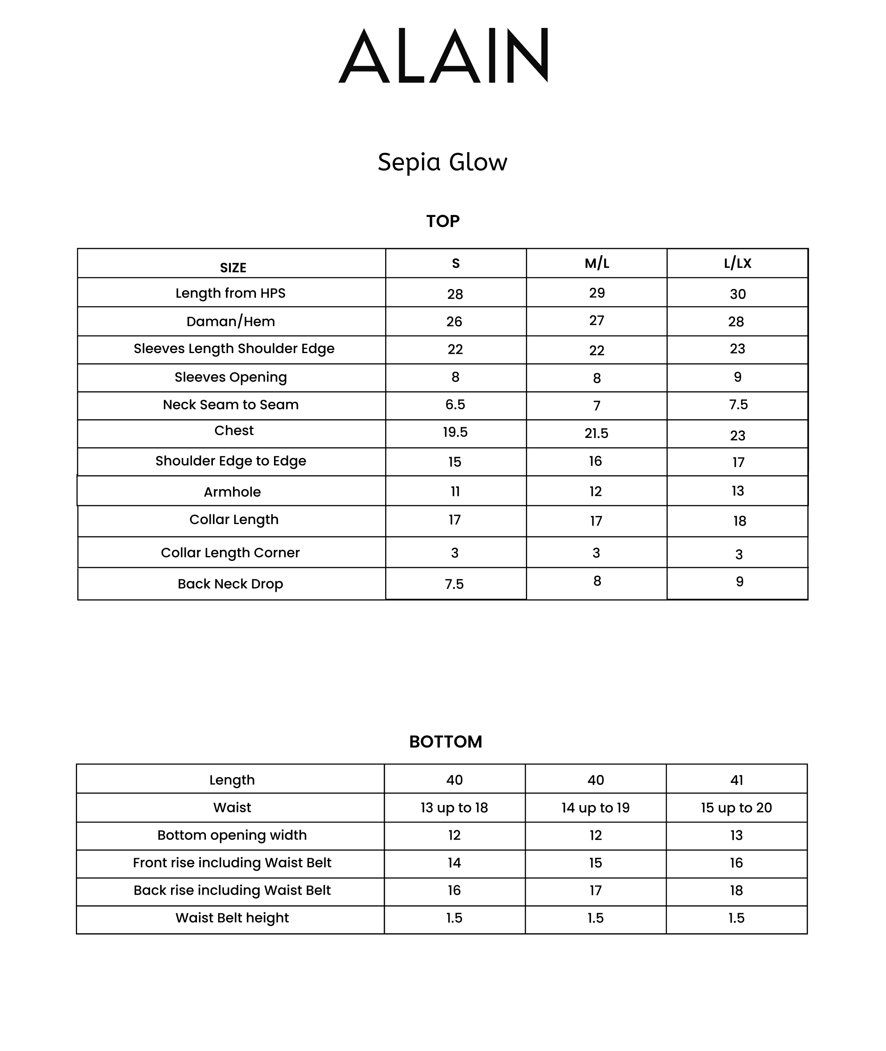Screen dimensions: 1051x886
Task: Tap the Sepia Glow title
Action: (x=443, y=162)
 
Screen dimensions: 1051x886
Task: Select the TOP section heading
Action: (x=443, y=221)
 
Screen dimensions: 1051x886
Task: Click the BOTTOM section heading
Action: (x=445, y=742)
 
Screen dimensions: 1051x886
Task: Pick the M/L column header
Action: (x=597, y=264)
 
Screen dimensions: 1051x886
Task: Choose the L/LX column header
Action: (x=738, y=264)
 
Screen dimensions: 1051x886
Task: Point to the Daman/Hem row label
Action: (x=231, y=321)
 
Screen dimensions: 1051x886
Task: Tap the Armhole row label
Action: (x=232, y=492)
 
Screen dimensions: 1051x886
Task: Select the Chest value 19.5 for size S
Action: (x=455, y=432)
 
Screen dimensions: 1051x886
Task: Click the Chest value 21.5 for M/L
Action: (x=596, y=433)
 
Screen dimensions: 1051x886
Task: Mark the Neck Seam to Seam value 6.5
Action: (x=455, y=405)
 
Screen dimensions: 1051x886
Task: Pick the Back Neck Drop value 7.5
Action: (x=454, y=584)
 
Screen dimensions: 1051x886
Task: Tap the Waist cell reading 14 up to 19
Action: (x=595, y=807)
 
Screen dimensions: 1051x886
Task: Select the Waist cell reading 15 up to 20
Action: (x=736, y=807)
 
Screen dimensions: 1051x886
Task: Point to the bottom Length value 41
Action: (x=736, y=780)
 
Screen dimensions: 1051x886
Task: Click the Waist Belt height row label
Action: (x=232, y=917)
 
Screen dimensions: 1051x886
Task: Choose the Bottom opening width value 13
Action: (x=736, y=835)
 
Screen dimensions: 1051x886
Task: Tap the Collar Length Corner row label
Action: (x=230, y=553)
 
